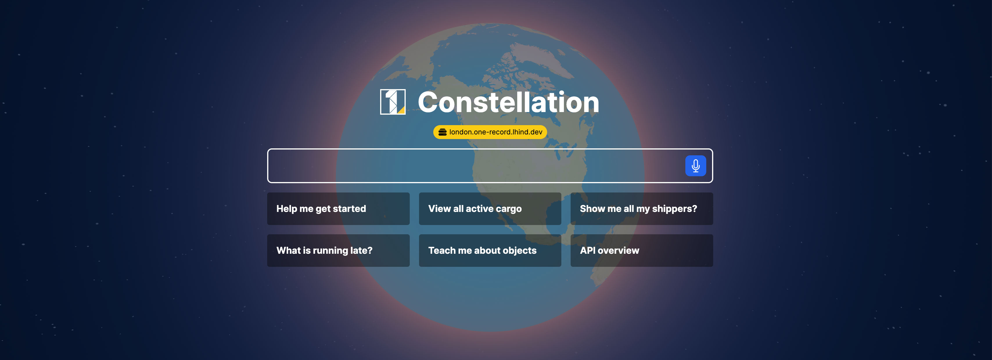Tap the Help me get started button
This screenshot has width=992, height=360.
click(338, 209)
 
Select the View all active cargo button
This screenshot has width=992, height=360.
click(490, 209)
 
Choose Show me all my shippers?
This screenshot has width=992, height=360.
click(641, 209)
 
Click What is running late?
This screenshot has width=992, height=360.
click(338, 251)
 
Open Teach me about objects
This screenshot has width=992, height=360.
click(490, 251)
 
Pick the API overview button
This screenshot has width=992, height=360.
click(641, 251)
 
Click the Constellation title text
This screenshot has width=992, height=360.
click(508, 102)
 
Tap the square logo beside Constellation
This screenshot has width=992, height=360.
click(392, 102)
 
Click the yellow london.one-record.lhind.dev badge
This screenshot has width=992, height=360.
click(490, 132)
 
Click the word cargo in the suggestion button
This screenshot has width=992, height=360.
click(508, 209)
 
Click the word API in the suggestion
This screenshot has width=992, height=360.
click(588, 251)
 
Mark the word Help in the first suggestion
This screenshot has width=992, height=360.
click(287, 209)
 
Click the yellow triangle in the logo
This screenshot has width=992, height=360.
click(402, 111)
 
